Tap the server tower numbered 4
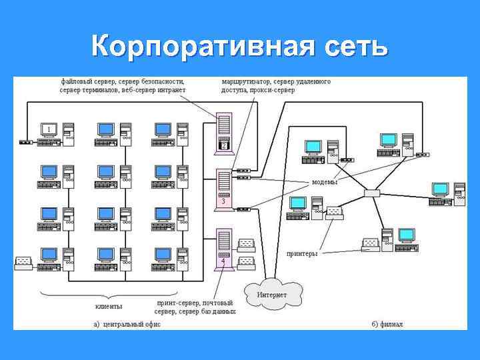224,249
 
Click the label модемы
325,182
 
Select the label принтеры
301,253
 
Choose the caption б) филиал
387,324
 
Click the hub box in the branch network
372,193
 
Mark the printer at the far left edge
24,261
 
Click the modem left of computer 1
25,141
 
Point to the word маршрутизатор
247,81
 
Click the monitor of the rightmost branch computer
440,189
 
